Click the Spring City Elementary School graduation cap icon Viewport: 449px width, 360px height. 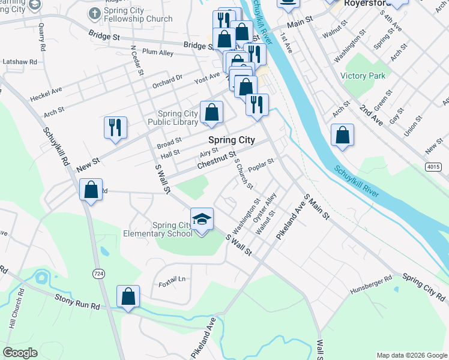[x=202, y=218]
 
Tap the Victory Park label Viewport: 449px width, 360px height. [x=363, y=76]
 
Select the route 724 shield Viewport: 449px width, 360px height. [x=98, y=273]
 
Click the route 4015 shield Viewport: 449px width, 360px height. [x=433, y=166]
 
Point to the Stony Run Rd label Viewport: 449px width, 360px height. [x=77, y=301]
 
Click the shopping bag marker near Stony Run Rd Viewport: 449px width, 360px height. [x=128, y=296]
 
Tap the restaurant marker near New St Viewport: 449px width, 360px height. [x=115, y=127]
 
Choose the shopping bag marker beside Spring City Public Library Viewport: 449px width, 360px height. [x=211, y=112]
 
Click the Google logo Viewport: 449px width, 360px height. [x=20, y=353]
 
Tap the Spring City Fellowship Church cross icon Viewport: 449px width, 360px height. [x=94, y=13]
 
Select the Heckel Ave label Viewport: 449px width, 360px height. [x=46, y=94]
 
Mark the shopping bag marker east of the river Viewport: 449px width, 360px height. [x=342, y=134]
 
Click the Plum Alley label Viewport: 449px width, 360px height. [x=158, y=53]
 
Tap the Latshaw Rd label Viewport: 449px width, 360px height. [x=20, y=61]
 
